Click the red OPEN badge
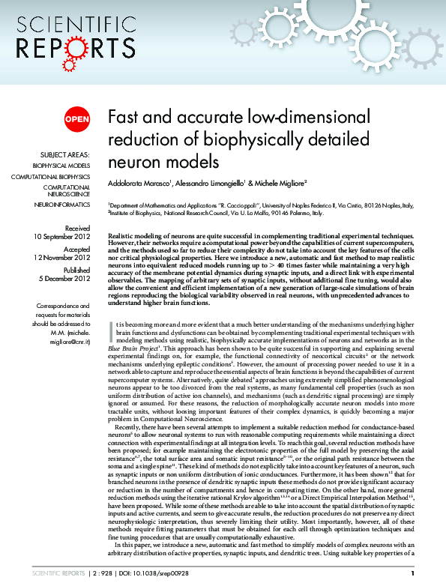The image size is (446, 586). [x=76, y=118]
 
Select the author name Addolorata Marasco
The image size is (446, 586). [x=141, y=183]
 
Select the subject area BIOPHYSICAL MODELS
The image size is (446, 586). [x=61, y=165]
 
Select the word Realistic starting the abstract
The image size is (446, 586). [x=124, y=235]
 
